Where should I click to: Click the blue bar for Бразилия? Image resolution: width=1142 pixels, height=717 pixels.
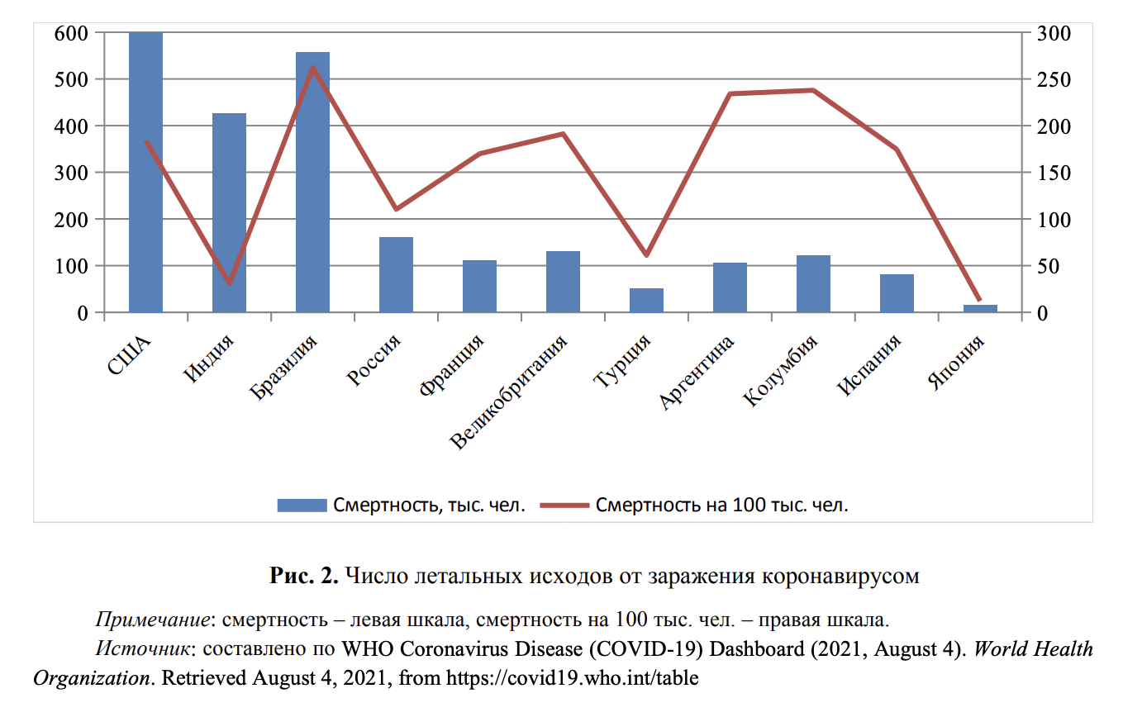point(312,182)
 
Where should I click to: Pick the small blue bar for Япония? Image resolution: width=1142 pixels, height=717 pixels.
point(980,308)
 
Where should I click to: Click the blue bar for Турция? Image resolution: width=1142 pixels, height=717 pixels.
point(646,300)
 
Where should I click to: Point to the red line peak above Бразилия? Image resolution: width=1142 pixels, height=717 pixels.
point(312,67)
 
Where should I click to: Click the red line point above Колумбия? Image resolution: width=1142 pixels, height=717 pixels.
point(813,90)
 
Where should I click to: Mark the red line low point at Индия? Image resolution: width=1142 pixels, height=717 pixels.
point(229,284)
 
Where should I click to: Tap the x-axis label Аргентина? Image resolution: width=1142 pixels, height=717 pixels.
point(696,373)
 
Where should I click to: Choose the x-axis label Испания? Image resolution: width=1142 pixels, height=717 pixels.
point(869,365)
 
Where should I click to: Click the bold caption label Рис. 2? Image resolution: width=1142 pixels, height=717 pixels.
point(304,576)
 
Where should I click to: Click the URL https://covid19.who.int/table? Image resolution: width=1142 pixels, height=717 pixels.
point(572,679)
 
